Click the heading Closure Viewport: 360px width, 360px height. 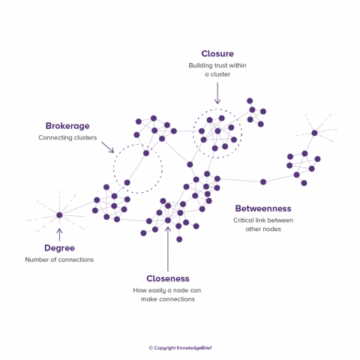[x=217, y=54]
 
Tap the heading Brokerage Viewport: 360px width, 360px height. [x=67, y=126]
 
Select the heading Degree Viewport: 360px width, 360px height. [x=59, y=248]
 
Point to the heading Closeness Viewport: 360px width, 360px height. [x=168, y=278]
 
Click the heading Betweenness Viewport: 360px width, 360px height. [x=263, y=208]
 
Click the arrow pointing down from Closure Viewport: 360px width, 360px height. [x=217, y=93]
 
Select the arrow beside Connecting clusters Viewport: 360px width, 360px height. [x=107, y=147]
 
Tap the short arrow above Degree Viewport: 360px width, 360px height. [x=59, y=235]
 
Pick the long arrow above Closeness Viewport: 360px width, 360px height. [x=168, y=249]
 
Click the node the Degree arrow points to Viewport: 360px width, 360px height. [x=59, y=215]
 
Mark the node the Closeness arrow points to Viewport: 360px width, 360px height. [x=168, y=220]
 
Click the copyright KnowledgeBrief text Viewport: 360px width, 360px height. [x=180, y=348]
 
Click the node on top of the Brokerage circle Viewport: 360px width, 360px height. [x=146, y=153]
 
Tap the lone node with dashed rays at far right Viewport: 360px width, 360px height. [x=314, y=133]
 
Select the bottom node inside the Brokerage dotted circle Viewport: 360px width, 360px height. [x=127, y=182]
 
